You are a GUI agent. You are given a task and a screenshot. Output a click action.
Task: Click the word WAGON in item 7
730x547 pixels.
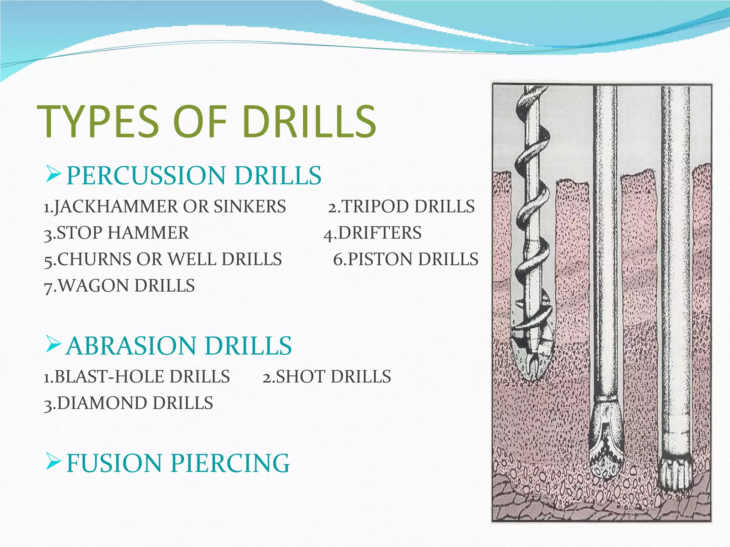point(94,286)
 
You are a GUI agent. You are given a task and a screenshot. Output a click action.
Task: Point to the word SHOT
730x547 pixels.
point(301,377)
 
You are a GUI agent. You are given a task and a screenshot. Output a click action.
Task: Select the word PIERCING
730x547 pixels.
point(230,463)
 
